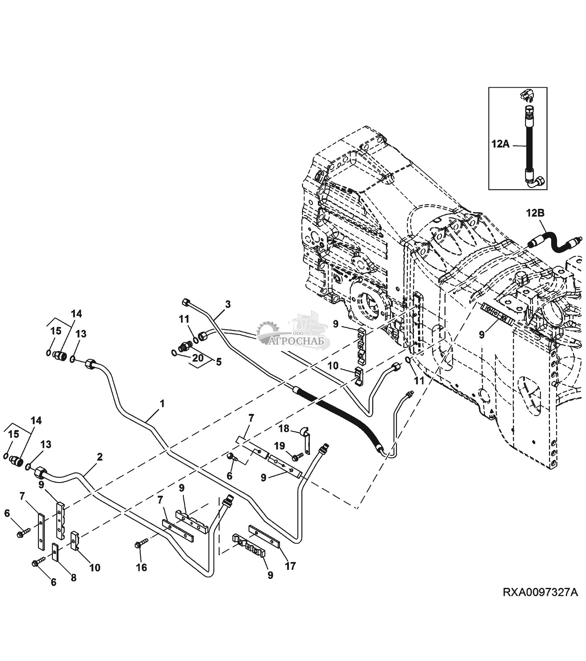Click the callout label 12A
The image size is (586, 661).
click(500, 144)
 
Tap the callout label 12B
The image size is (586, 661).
click(535, 213)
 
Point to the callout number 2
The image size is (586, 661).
click(100, 457)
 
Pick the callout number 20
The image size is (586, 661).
click(198, 358)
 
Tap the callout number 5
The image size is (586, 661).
click(219, 362)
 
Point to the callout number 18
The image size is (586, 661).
click(284, 429)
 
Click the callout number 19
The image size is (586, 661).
click(280, 446)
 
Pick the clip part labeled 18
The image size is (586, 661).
click(305, 440)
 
